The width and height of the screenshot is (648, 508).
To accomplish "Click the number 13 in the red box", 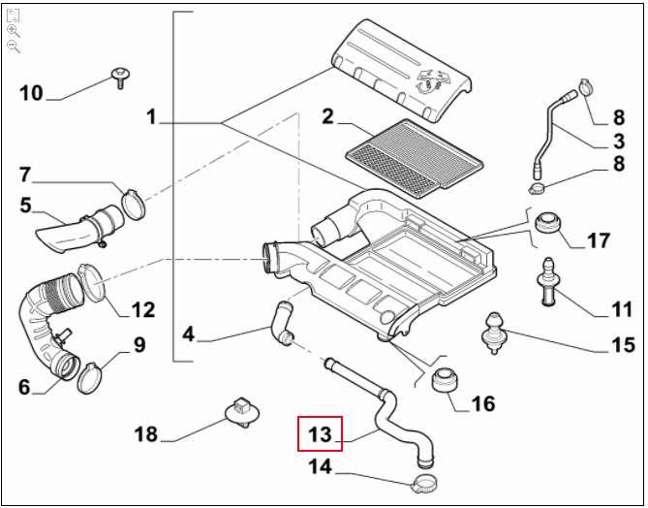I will coord(320,433).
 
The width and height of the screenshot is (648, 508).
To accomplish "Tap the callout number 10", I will coord(31,93).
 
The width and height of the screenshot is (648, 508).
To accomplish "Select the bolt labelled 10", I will coord(121,77).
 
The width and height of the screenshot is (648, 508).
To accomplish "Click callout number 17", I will coord(598,240).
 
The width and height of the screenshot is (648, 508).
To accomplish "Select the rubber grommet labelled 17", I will coord(549,222).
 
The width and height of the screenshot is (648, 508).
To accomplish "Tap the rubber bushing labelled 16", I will coord(445,379).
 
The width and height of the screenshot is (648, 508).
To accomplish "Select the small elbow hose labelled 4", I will coord(282,324).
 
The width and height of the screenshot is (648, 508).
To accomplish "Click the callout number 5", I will coord(25,205).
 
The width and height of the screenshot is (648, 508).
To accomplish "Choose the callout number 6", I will coord(24,387).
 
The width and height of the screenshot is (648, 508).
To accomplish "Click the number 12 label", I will coord(142,310).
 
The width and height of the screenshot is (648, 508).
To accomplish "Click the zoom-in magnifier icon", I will coord(13,30).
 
